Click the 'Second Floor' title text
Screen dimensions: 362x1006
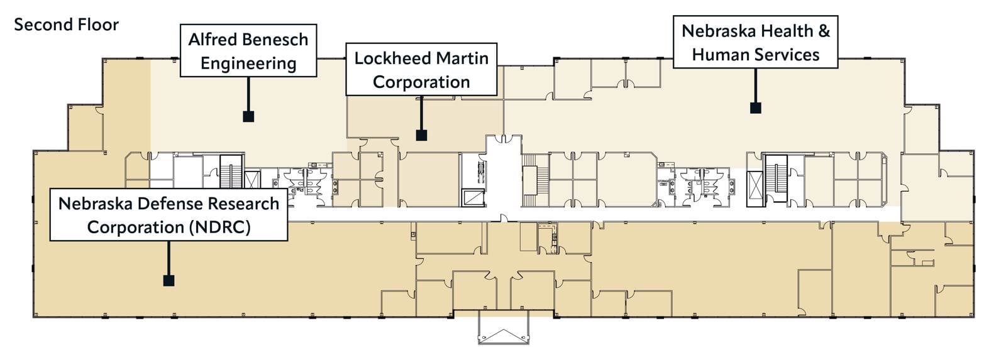click(66, 25)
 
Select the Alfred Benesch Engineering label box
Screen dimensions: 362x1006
click(248, 51)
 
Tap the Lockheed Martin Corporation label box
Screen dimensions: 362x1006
click(421, 70)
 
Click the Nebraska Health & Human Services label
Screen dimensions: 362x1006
click(755, 42)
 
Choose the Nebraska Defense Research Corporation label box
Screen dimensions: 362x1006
click(169, 215)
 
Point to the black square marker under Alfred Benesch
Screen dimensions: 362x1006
click(248, 116)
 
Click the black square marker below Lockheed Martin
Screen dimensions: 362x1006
click(421, 134)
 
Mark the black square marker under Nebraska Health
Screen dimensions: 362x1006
click(756, 107)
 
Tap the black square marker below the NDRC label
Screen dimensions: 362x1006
click(169, 280)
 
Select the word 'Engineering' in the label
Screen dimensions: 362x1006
click(248, 63)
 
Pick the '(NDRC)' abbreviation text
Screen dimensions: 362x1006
click(219, 227)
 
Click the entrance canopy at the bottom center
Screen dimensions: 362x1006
click(503, 329)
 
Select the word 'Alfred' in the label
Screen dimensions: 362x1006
click(209, 40)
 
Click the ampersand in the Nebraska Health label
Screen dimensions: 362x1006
click(824, 31)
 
